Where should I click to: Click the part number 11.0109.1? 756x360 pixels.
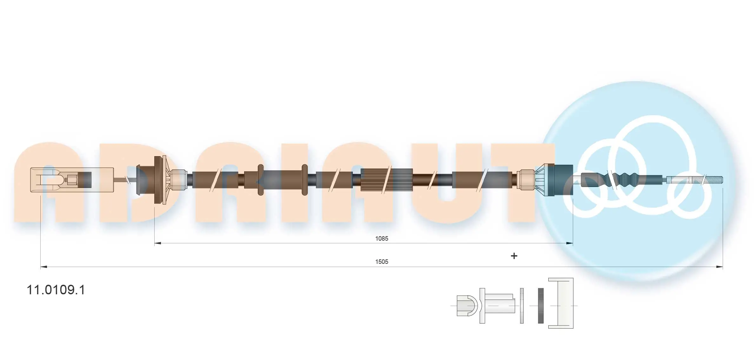[56, 290]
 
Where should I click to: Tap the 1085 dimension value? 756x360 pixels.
[381, 238]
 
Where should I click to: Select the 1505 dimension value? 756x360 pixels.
[381, 262]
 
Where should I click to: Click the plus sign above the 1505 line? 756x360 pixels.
[514, 256]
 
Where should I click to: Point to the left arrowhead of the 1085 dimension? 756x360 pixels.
[157, 243]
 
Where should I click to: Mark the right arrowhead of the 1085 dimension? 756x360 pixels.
[570, 243]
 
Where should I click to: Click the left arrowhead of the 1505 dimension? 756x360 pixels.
[44, 267]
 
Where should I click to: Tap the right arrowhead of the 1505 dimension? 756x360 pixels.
[719, 267]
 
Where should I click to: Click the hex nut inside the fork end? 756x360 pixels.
[71, 180]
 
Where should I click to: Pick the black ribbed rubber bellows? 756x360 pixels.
[622, 179]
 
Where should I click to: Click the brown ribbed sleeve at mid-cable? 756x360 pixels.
[386, 180]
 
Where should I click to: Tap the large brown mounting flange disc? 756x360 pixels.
[158, 180]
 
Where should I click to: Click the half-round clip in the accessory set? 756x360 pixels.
[467, 306]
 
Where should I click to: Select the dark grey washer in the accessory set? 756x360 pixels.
[541, 306]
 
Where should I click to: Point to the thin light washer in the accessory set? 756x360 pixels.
[522, 306]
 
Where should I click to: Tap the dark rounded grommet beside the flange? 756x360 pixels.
[140, 180]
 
